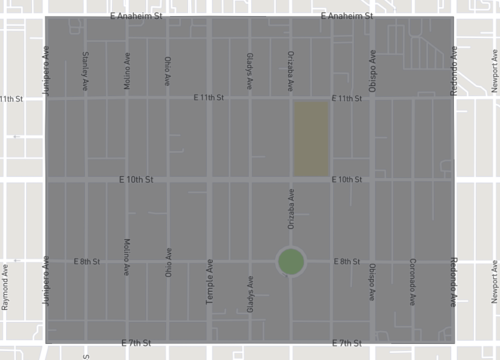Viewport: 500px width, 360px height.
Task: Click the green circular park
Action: coord(291,262)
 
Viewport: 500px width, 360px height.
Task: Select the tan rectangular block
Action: coord(311,138)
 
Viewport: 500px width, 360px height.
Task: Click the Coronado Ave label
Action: coord(411,283)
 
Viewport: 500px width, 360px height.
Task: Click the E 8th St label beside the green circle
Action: coord(347,261)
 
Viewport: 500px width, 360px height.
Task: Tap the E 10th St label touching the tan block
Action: coord(347,179)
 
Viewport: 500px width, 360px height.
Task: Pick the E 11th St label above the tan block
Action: coord(347,98)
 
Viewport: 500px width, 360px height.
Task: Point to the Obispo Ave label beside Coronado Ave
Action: coord(371,283)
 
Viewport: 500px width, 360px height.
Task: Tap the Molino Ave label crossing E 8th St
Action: coord(127,258)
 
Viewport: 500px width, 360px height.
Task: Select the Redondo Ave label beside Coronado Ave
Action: coord(452,283)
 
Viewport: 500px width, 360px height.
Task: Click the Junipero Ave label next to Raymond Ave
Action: coord(45,284)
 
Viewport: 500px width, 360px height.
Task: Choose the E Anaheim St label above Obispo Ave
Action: coord(347,17)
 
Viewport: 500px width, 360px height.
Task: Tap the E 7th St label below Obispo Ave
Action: coord(347,343)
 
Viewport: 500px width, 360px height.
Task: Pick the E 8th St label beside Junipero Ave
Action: coord(88,261)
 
